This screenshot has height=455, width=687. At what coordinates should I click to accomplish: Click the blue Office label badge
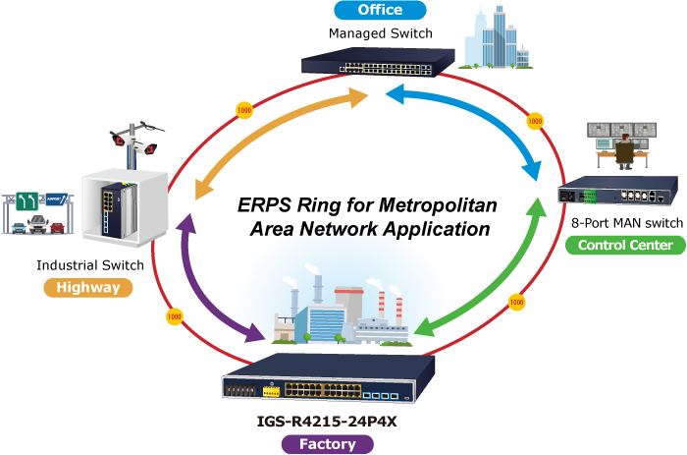tap(380, 11)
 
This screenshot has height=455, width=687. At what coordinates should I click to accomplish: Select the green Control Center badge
tap(625, 245)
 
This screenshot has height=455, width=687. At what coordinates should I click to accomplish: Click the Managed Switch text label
tap(380, 33)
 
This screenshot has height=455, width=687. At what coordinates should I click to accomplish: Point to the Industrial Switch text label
tap(90, 265)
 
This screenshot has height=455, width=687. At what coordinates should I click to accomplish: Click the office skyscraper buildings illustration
tap(497, 39)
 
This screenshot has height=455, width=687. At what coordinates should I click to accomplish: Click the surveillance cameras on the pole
tap(137, 139)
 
